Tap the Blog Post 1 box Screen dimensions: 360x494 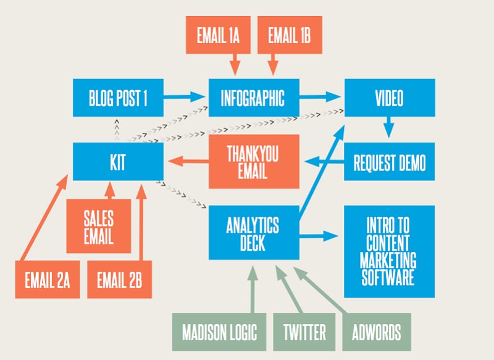[118, 98]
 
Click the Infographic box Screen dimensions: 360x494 [254, 98]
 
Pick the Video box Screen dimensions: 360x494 [389, 98]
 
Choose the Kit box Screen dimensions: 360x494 [118, 162]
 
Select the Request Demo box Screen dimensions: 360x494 [389, 162]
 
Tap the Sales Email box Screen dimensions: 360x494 [99, 226]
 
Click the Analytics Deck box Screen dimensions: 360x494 [254, 233]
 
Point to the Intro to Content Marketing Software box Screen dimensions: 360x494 [389, 251]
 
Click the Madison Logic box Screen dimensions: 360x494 [219, 333]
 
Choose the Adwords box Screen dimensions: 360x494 [376, 333]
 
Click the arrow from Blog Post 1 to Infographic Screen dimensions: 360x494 [185, 96]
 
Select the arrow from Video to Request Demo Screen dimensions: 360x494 [388, 128]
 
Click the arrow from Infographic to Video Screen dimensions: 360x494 [320, 96]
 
